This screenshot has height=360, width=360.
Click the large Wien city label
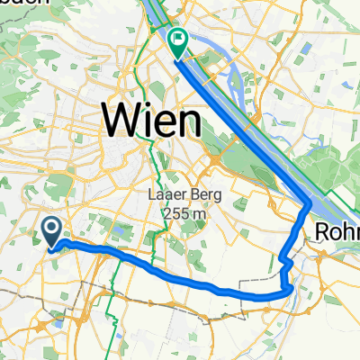coord(151,119)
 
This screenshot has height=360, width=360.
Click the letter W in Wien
coord(120,119)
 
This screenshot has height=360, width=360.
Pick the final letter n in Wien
coord(185,121)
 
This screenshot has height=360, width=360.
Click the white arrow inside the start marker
coord(51,229)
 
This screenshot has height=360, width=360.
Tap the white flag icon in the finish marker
coord(177,39)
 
